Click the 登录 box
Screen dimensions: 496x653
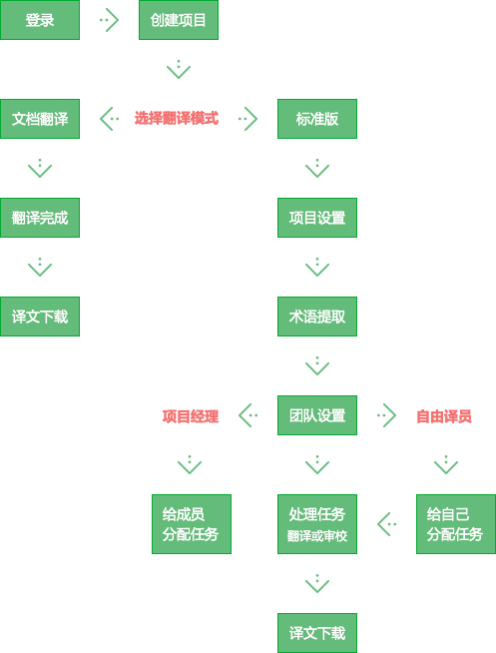40,20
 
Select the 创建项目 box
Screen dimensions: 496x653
179,20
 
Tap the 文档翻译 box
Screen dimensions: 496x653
40,119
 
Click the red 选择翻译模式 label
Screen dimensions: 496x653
177,118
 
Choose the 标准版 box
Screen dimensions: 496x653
317,119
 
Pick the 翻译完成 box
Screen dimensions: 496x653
40,218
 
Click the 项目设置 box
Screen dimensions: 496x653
317,218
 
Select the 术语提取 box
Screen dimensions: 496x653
317,317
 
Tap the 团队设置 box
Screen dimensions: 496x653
317,415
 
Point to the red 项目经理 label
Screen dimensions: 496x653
191,416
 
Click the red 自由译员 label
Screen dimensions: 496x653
444,416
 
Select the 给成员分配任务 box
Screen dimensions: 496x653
192,524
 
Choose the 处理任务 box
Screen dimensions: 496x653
317,524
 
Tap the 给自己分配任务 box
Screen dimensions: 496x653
456,524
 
